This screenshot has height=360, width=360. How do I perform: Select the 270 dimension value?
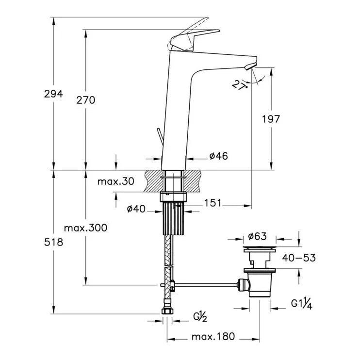click(x=85, y=100)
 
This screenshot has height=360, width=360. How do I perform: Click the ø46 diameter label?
click(x=218, y=156)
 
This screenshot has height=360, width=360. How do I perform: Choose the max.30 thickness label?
click(x=115, y=181)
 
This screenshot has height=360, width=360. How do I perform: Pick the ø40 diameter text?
click(x=136, y=209)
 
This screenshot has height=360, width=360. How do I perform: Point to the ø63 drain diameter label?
click(x=258, y=237)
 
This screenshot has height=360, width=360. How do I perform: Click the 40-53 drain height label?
click(x=299, y=258)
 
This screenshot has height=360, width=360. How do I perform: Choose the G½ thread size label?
click(x=200, y=317)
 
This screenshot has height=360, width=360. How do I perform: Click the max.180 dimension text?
click(x=213, y=336)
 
